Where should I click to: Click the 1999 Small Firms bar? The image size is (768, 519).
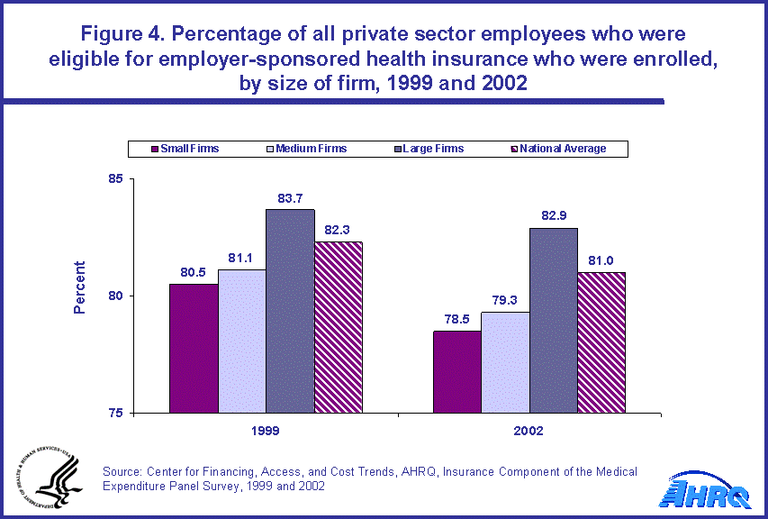pos(194,349)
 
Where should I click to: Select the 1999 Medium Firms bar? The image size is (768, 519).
pos(241,341)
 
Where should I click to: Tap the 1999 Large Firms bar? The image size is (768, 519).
pos(289,312)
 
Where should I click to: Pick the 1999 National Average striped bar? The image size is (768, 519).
pos(337,328)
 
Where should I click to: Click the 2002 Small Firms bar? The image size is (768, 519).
pos(456,372)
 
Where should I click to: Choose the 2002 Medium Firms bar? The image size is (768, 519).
pos(504,362)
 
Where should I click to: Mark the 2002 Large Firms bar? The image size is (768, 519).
pos(553,321)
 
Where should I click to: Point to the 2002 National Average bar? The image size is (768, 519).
pos(601,343)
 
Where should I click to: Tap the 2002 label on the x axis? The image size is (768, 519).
pos(529,432)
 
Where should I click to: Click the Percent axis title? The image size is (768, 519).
pos(79,287)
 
